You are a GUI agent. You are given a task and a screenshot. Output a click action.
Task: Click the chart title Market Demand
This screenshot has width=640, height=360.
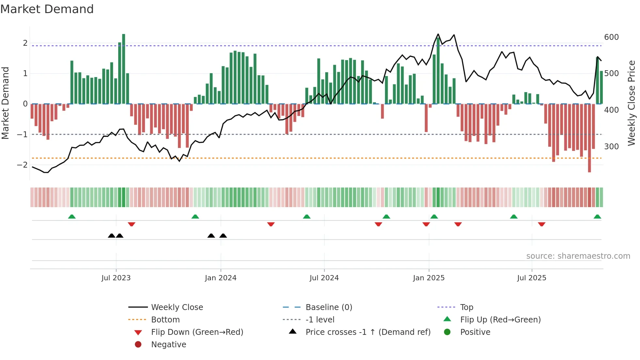[47, 9]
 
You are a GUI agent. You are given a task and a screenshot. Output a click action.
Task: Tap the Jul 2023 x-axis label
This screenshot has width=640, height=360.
[116, 278]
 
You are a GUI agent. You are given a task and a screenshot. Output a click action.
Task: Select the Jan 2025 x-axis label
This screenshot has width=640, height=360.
[428, 278]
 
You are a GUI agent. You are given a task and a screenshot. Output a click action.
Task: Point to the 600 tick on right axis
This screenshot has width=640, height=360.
[611, 37]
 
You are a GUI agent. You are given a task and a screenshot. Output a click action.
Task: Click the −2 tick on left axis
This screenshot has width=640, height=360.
[22, 165]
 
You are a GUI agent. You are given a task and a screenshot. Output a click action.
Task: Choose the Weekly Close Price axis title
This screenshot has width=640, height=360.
[632, 103]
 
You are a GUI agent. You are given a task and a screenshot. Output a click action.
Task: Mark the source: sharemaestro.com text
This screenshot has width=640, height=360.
[578, 256]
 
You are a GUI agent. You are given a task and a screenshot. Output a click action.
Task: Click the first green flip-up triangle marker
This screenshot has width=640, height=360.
[72, 217]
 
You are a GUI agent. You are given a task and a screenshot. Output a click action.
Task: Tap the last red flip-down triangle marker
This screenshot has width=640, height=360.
[542, 224]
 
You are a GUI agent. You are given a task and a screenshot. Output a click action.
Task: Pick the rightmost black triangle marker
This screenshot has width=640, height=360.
[223, 236]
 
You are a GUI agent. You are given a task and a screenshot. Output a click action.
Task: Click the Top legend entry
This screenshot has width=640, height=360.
[466, 307]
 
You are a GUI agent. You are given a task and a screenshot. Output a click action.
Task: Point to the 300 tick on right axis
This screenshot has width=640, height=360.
[611, 147]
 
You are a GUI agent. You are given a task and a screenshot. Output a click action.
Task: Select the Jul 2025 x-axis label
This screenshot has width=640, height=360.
[532, 278]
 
